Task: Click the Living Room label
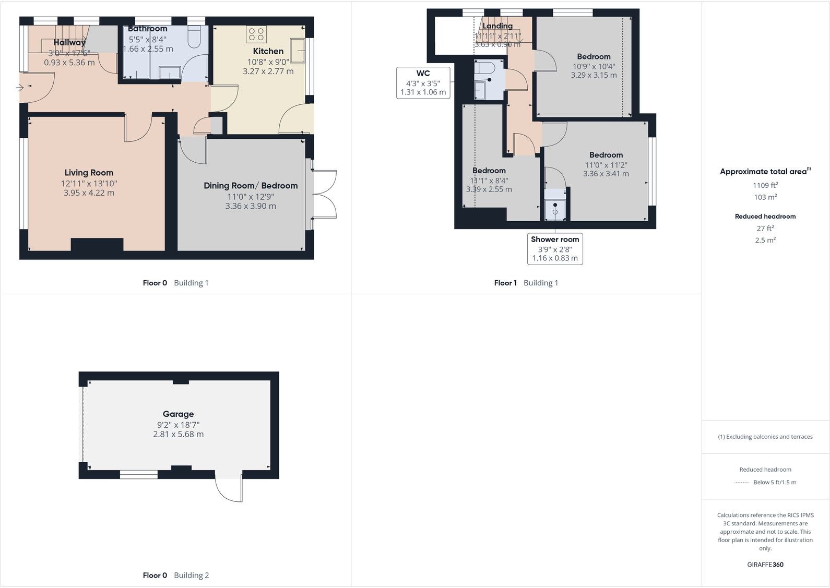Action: click(x=89, y=173)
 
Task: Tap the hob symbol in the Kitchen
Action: click(x=256, y=34)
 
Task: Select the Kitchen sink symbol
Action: click(x=301, y=51)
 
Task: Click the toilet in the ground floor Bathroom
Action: click(x=194, y=38)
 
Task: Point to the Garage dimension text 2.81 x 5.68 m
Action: click(x=178, y=434)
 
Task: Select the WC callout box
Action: click(x=423, y=82)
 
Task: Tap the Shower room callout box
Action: click(x=555, y=249)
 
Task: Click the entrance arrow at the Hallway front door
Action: click(x=20, y=88)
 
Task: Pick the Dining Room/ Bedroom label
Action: click(x=251, y=186)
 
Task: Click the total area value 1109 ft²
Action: click(x=765, y=185)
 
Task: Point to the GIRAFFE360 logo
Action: click(x=765, y=565)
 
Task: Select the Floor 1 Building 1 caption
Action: click(x=526, y=283)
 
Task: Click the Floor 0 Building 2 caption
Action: click(x=175, y=575)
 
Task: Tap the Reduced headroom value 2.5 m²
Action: click(x=765, y=240)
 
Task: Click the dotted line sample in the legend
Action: click(x=741, y=483)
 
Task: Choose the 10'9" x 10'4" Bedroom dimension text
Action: click(x=594, y=66)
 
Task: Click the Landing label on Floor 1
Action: click(x=497, y=26)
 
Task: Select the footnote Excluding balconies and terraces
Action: click(x=765, y=437)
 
